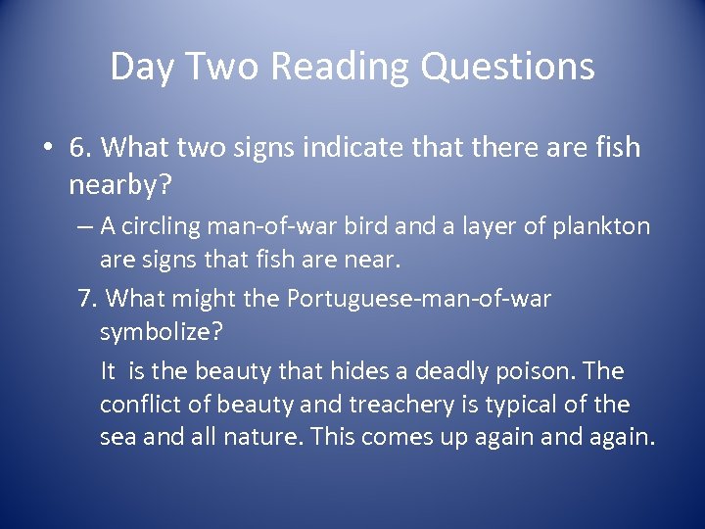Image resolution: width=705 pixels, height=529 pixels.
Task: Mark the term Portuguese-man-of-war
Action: click(x=419, y=298)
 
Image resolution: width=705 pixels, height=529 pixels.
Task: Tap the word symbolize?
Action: click(x=162, y=331)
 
